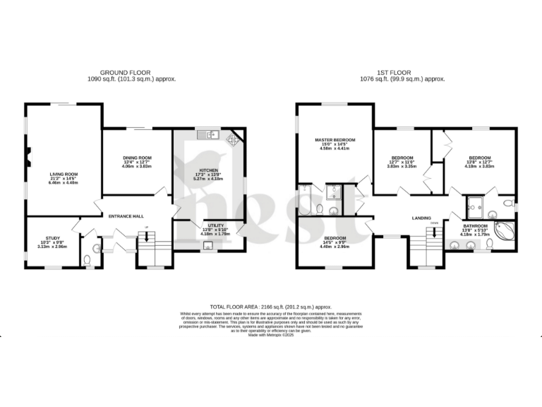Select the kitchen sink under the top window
point(210,134)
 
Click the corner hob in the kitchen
point(232,140)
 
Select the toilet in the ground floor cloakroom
point(87,261)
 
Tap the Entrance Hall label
point(126,216)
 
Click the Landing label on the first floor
point(422,218)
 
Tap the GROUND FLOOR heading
point(122,73)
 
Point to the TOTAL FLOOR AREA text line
point(270,307)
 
